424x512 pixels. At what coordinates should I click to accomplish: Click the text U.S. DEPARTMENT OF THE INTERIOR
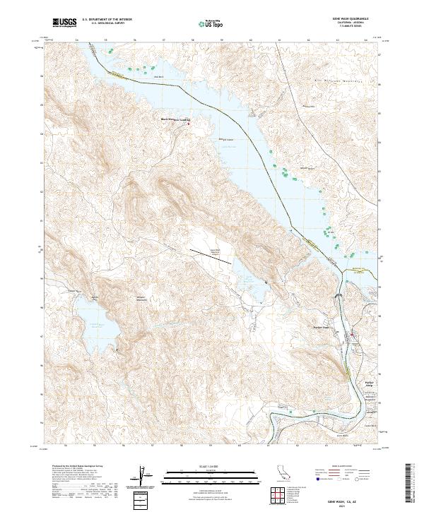coord(109,20)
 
